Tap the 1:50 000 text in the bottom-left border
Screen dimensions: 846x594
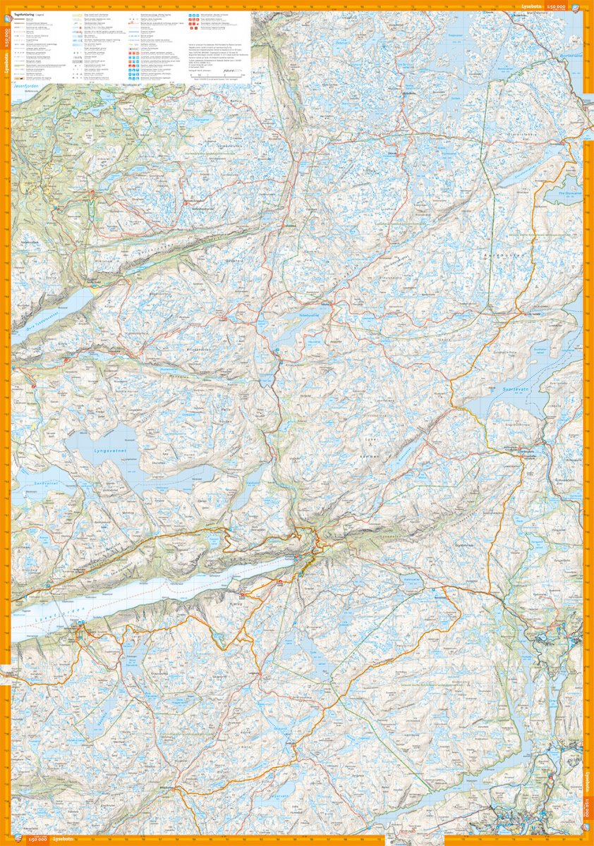pos(35,840)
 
